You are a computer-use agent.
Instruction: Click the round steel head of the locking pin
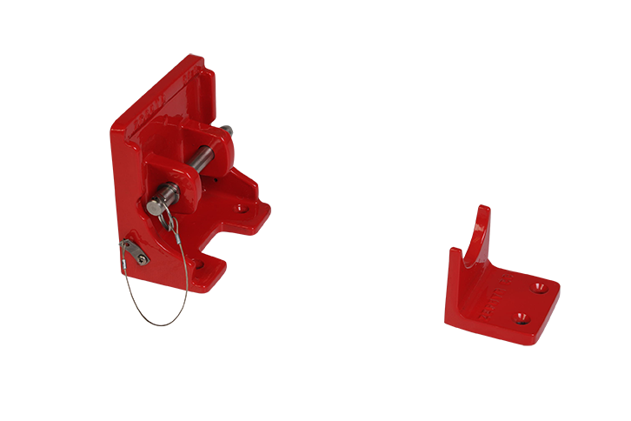(157, 206)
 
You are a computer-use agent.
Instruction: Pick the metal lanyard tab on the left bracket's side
(136, 253)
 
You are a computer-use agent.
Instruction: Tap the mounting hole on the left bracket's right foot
(242, 209)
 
